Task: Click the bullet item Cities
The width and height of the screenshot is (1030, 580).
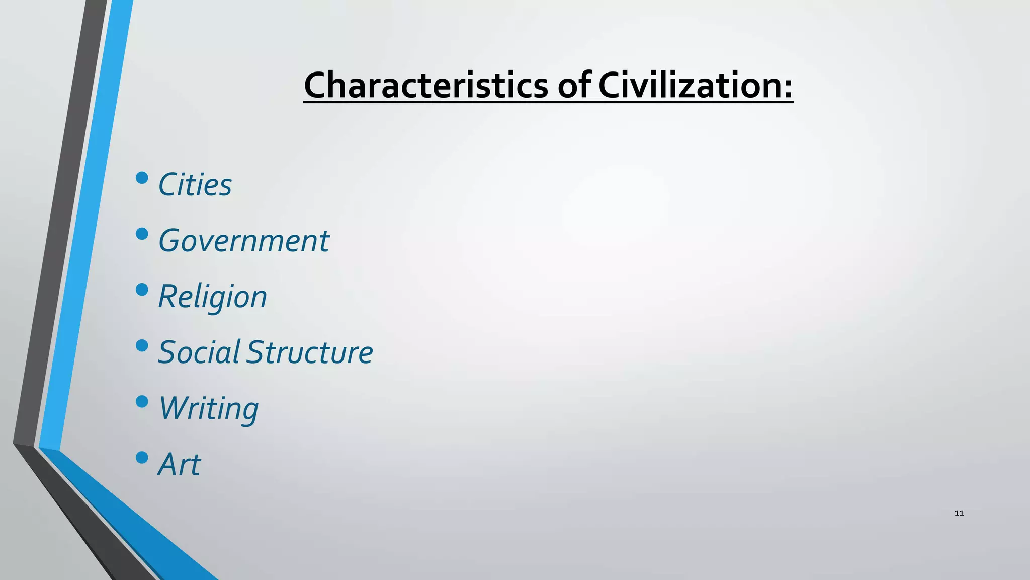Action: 195,185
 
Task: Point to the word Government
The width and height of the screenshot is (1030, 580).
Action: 243,241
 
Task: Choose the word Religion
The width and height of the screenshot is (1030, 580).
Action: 212,297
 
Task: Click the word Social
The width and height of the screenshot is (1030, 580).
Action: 199,352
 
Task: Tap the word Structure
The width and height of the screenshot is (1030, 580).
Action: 310,352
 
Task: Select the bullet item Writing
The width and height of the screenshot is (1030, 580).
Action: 208,408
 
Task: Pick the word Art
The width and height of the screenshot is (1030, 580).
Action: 179,464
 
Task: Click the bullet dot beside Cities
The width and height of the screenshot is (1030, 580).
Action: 142,178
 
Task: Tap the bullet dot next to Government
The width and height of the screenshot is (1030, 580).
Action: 142,234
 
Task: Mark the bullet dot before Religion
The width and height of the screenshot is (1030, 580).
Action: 142,289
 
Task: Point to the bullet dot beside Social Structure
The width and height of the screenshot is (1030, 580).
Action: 142,345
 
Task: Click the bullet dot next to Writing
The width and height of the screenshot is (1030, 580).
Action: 142,401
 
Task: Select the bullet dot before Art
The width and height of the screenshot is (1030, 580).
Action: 142,457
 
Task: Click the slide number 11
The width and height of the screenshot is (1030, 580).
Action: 959,513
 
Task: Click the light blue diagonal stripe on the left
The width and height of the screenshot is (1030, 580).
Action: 85,227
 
